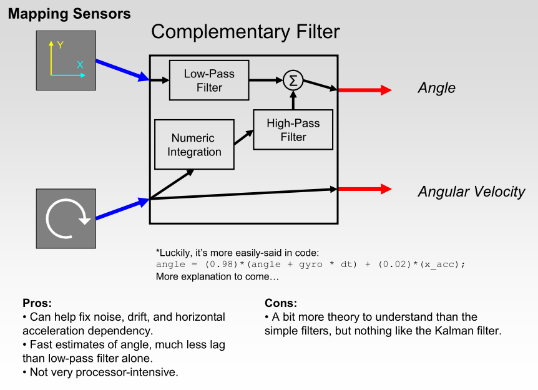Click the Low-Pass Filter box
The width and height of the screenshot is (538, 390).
[x=209, y=80]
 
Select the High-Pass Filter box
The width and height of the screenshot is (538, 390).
[x=293, y=130]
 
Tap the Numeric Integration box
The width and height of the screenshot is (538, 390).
[x=194, y=145]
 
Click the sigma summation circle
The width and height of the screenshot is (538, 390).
[x=293, y=80]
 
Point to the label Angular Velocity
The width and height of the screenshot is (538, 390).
[x=471, y=192]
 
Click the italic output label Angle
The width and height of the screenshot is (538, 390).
[x=436, y=88]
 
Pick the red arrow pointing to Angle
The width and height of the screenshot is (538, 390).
[x=364, y=90]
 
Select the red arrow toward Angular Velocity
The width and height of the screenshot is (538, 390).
[x=364, y=189]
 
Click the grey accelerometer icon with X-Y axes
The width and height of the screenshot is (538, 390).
[x=66, y=61]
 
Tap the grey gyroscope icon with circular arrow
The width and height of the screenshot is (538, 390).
[x=66, y=219]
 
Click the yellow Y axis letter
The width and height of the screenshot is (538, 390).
[x=61, y=46]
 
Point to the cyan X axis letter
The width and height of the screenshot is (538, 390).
[x=80, y=65]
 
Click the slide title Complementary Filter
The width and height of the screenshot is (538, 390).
[x=245, y=32]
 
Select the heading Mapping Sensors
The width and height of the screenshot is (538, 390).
[x=69, y=14]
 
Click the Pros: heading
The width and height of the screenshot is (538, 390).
[x=37, y=303]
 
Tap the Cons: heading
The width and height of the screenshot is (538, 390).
[x=281, y=303]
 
